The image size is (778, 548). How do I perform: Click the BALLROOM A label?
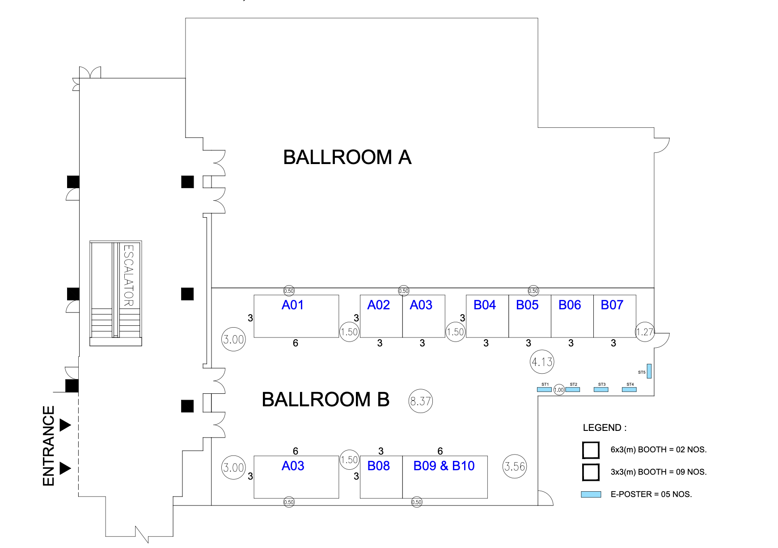click(x=347, y=157)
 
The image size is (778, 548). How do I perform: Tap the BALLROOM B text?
click(x=326, y=400)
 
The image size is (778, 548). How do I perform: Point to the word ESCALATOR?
click(x=128, y=275)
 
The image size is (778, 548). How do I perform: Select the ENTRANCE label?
click(x=48, y=446)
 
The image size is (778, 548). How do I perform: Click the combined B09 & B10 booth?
click(x=445, y=477)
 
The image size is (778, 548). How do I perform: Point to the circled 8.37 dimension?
click(x=421, y=401)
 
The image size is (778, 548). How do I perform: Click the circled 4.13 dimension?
click(x=542, y=362)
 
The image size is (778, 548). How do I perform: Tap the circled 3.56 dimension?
click(x=515, y=466)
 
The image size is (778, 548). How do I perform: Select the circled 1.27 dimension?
click(x=645, y=332)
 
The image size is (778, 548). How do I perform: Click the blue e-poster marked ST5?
click(x=649, y=371)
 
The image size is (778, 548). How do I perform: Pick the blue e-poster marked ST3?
click(x=601, y=389)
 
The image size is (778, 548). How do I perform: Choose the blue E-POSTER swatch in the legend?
click(x=591, y=494)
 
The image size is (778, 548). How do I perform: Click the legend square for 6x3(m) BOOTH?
click(x=591, y=450)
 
